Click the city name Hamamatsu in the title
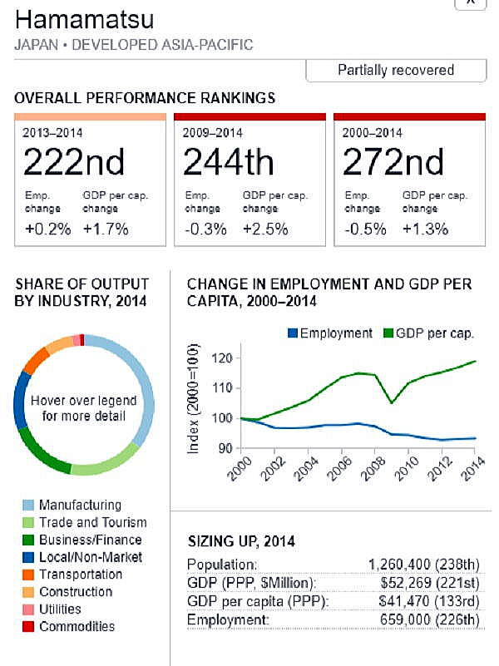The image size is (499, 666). pyautogui.click(x=73, y=18)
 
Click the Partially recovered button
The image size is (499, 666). pyautogui.click(x=396, y=70)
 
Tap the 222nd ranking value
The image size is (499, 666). pyautogui.click(x=74, y=161)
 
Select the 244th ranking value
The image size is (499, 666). pyautogui.click(x=228, y=161)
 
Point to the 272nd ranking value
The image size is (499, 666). pyautogui.click(x=393, y=161)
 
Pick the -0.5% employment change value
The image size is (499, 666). pyautogui.click(x=363, y=229)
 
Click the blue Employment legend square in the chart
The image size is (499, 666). pyautogui.click(x=292, y=333)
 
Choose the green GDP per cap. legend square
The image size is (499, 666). pyautogui.click(x=388, y=333)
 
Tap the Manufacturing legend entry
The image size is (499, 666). pyautogui.click(x=80, y=505)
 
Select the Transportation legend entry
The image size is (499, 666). pyautogui.click(x=80, y=575)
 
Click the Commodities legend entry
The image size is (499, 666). pyautogui.click(x=77, y=626)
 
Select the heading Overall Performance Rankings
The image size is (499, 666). pyautogui.click(x=145, y=98)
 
